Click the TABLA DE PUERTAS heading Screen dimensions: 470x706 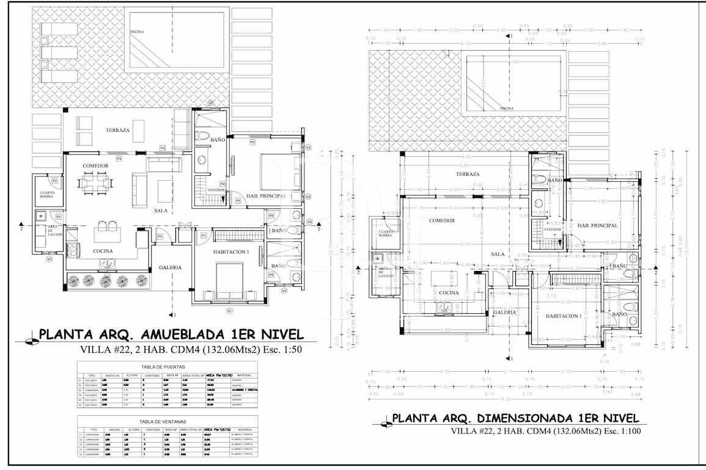[x=169, y=367]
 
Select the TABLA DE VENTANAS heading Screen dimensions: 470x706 [x=169, y=422]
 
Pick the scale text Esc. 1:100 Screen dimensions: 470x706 [x=617, y=432]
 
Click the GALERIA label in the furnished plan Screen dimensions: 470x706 [x=169, y=267]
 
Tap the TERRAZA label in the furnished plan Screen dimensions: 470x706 [x=117, y=130]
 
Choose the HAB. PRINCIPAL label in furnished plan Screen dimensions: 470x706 [x=267, y=196]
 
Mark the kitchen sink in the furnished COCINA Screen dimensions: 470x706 [x=109, y=264]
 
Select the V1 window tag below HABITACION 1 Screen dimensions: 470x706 [x=230, y=311]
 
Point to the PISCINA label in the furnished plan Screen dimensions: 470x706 [x=138, y=32]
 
